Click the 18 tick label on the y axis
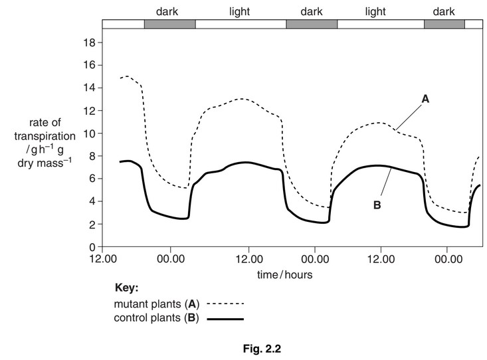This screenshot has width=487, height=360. click(92, 43)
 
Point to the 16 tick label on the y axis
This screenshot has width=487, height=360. click(92, 65)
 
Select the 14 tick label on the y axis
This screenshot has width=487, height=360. click(92, 88)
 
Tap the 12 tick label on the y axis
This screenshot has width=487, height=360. click(92, 110)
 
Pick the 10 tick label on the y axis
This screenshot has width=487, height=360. click(92, 134)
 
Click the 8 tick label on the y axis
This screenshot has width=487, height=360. click(95, 156)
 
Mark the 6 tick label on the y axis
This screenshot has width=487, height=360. click(95, 179)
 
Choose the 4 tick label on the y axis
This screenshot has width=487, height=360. click(95, 201)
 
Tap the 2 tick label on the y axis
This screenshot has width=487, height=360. click(95, 225)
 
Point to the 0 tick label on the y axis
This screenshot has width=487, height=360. click(95, 247)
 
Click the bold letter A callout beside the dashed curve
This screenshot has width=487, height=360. click(426, 98)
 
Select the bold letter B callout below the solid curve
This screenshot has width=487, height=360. click(377, 205)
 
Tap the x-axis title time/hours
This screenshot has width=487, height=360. click(286, 274)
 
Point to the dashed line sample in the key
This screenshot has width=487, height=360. click(226, 304)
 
